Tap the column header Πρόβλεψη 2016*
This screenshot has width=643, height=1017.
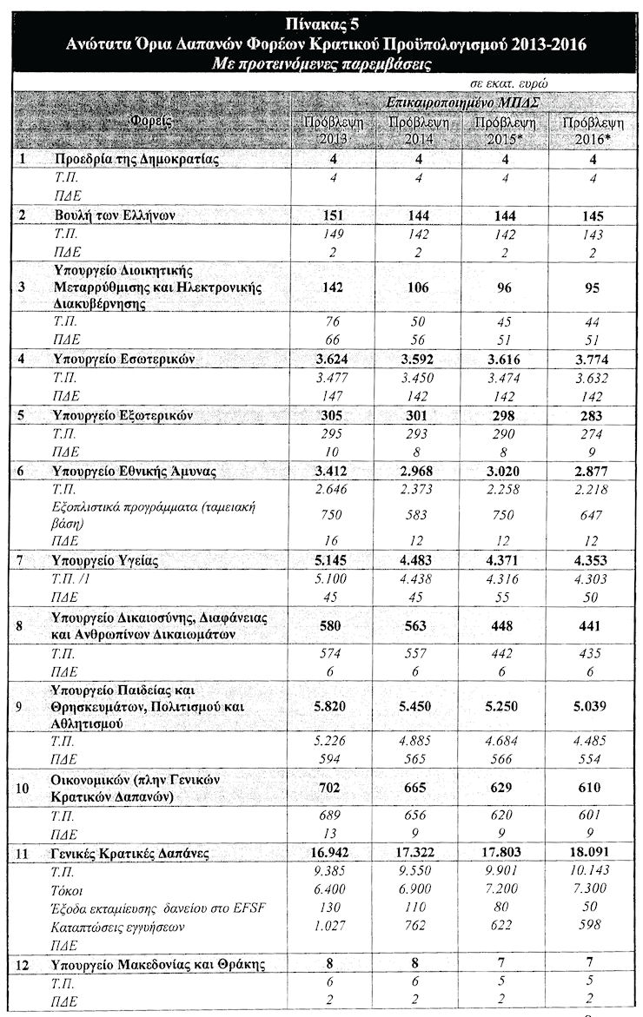click(x=593, y=132)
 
